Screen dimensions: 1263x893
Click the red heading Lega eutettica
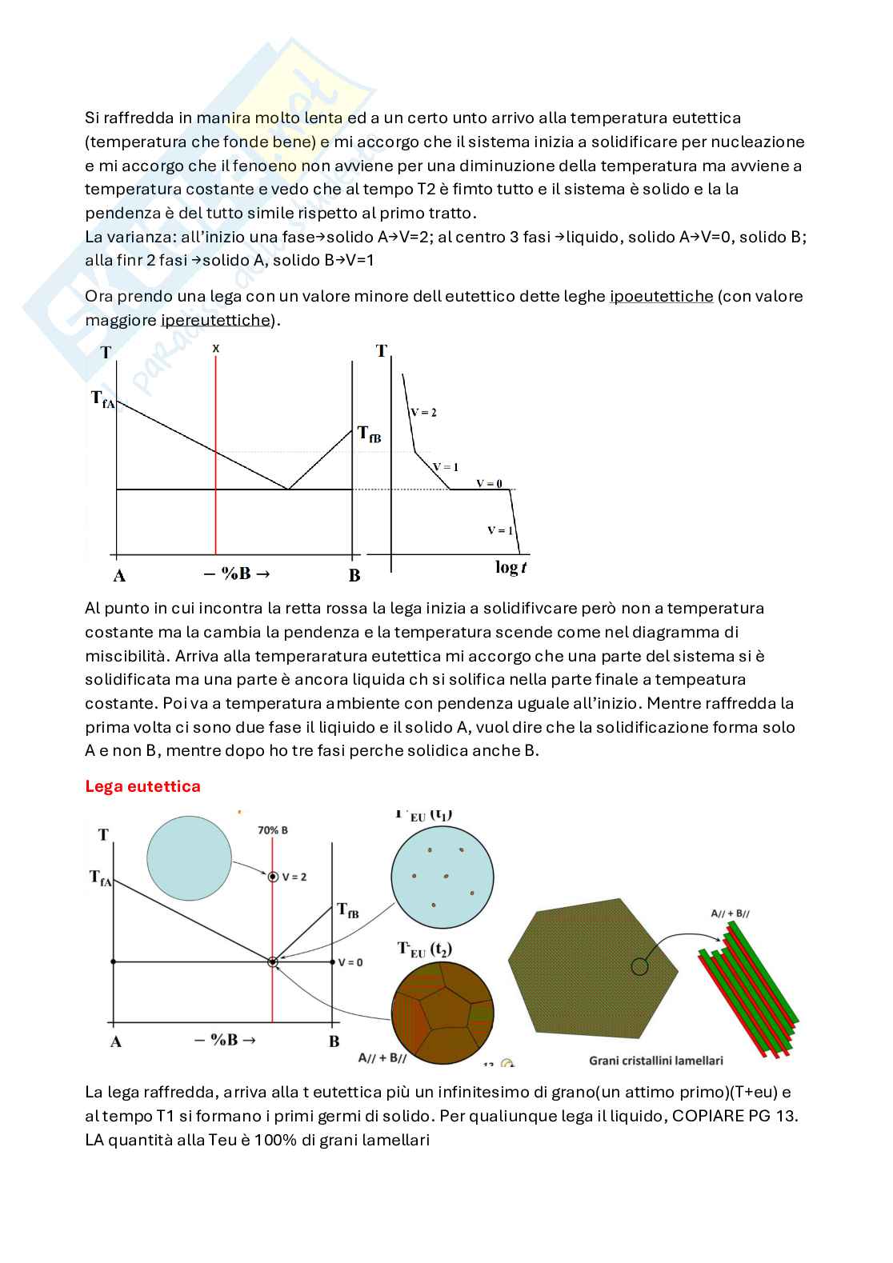pyautogui.click(x=142, y=786)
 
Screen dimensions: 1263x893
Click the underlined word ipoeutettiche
pyautogui.click(x=661, y=297)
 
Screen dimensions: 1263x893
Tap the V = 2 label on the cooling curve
pyautogui.click(x=423, y=413)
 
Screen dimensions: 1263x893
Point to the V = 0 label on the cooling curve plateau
pyautogui.click(x=489, y=483)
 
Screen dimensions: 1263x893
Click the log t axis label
pyautogui.click(x=511, y=567)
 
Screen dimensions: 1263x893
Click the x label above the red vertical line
pyautogui.click(x=216, y=349)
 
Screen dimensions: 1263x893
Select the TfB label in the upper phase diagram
pyautogui.click(x=369, y=434)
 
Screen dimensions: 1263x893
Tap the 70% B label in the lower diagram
pyautogui.click(x=273, y=830)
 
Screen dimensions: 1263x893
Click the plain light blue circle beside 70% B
pyautogui.click(x=189, y=858)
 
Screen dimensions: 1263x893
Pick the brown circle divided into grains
pyautogui.click(x=442, y=1013)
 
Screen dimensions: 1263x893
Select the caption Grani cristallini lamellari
pyautogui.click(x=656, y=1061)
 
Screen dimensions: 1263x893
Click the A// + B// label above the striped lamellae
pyautogui.click(x=730, y=913)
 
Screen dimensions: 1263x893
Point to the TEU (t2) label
pyautogui.click(x=425, y=949)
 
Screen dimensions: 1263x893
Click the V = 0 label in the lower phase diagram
pyautogui.click(x=350, y=962)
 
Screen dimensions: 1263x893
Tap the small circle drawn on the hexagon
pyautogui.click(x=639, y=966)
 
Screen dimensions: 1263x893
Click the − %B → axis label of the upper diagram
pyautogui.click(x=238, y=574)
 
